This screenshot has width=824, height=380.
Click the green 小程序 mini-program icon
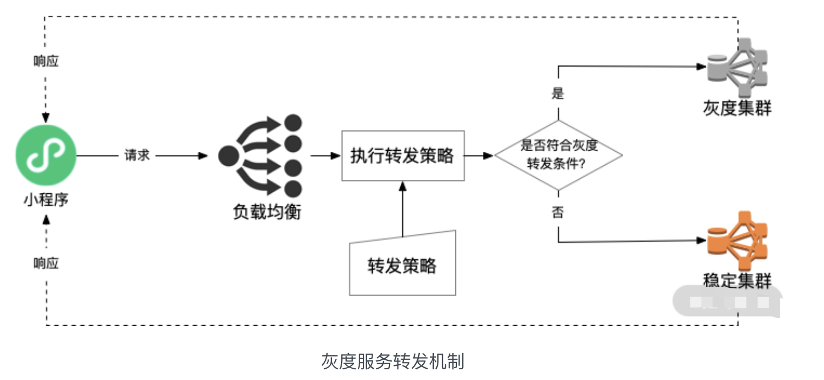[46, 156]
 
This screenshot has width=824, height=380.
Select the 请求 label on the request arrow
[137, 156]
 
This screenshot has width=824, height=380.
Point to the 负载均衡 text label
[267, 212]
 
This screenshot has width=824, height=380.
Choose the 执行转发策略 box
[403, 156]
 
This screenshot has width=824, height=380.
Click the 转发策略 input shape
[402, 264]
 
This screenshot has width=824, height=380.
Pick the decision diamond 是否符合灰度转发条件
[558, 155]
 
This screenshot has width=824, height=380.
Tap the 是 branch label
[557, 93]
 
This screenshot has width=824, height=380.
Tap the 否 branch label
[557, 212]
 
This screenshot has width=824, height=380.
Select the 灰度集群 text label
[737, 107]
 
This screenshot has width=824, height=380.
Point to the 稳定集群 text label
[737, 280]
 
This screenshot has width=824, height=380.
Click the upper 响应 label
[46, 61]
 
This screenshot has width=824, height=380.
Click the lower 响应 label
[46, 263]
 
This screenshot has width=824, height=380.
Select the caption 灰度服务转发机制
[392, 361]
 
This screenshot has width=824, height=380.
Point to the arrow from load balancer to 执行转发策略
[325, 156]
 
